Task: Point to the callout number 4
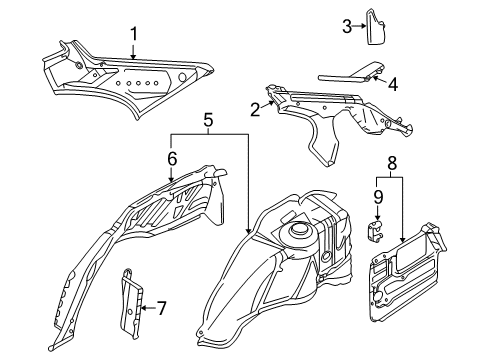pyautogui.click(x=391, y=85)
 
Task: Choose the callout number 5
pyautogui.click(x=206, y=123)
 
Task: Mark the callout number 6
pyautogui.click(x=171, y=158)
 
